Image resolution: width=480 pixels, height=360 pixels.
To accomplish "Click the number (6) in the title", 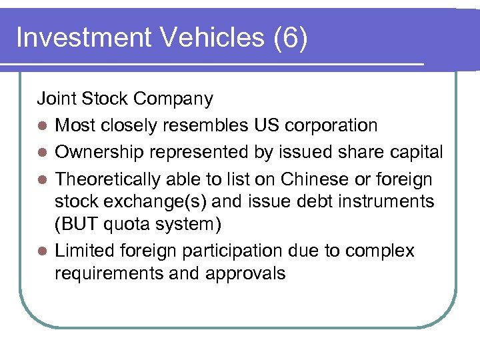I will (291, 38).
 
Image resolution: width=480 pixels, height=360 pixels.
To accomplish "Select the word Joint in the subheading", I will (57, 99).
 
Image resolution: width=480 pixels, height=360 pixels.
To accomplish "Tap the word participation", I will (217, 251).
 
